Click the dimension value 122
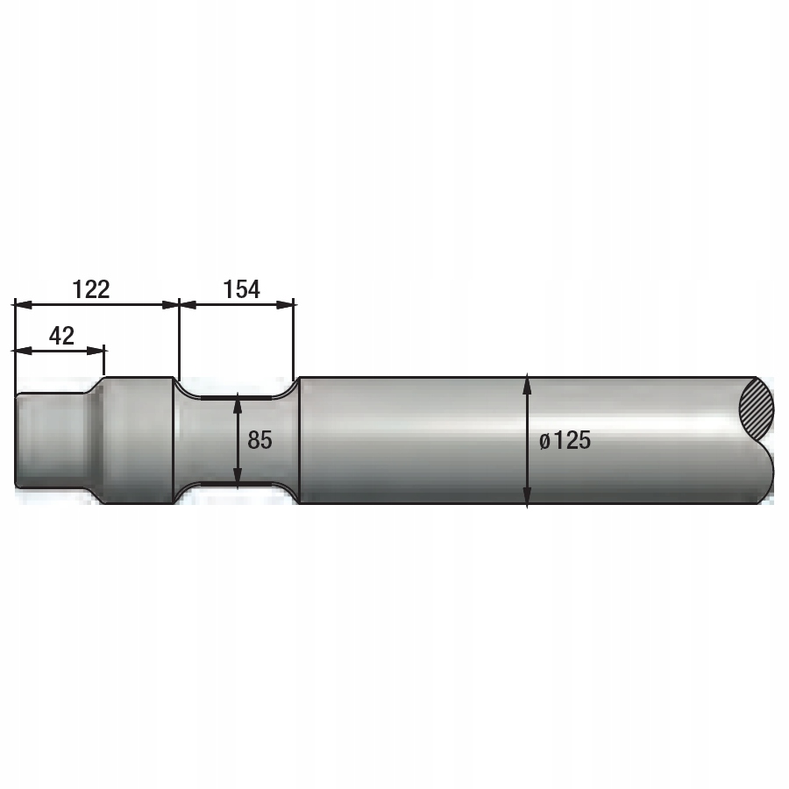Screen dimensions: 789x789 click(91, 289)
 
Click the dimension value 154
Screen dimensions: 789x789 click(242, 289)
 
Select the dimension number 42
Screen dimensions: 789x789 click(62, 336)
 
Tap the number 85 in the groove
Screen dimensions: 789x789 click(259, 440)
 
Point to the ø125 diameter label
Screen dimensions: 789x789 click(565, 440)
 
